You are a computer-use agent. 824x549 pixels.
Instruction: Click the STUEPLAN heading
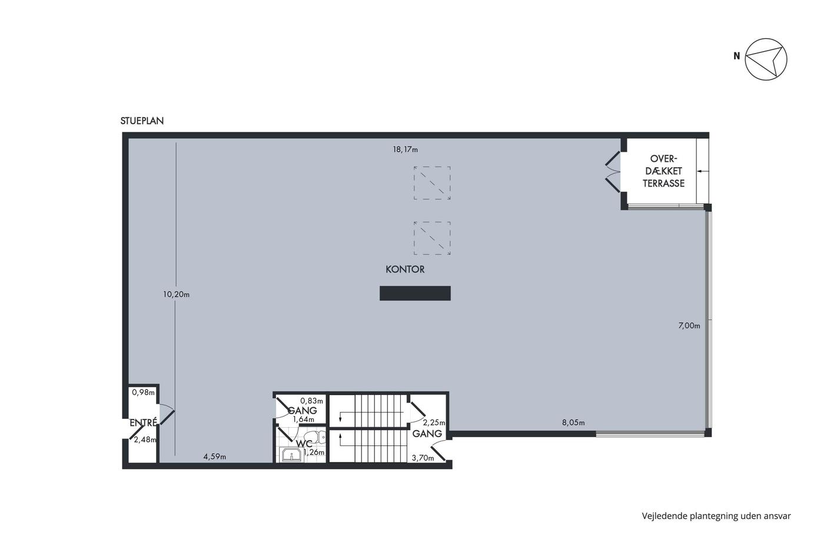142,121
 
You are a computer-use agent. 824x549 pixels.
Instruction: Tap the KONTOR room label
405,269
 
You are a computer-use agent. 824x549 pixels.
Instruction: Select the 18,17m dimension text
406,149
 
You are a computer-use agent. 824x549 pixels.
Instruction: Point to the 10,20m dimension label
176,295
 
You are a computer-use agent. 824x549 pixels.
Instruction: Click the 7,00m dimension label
689,326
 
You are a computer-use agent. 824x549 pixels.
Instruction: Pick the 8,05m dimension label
573,423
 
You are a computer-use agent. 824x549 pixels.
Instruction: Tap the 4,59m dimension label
215,457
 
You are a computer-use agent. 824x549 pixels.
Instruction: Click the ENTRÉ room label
144,422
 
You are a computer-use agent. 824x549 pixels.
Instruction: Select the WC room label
304,444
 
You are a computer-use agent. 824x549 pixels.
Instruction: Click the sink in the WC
292,455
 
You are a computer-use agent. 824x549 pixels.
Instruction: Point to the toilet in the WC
317,437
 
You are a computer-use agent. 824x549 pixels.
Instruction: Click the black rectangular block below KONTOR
415,294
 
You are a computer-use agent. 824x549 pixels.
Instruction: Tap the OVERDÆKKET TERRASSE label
664,171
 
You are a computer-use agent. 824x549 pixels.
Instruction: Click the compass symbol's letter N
737,56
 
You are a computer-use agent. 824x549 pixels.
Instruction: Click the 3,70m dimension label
423,458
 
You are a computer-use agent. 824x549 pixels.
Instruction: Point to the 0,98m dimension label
144,392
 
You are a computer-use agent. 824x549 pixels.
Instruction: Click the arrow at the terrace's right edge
703,171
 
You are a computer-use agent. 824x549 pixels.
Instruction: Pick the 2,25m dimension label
434,423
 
